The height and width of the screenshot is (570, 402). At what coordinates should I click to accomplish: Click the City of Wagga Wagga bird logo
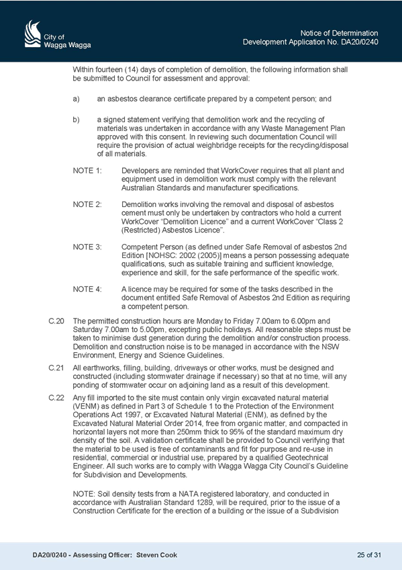click(x=33, y=34)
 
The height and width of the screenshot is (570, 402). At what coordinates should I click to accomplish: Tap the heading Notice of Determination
click(x=339, y=33)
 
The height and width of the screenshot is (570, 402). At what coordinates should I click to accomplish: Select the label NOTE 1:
click(x=87, y=171)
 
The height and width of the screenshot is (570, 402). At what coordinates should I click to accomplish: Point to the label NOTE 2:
click(x=87, y=204)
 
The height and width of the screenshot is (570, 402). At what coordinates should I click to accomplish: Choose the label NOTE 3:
click(x=87, y=247)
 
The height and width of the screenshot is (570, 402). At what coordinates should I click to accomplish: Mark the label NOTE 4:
click(x=87, y=289)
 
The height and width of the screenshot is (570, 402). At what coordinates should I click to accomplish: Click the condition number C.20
click(x=56, y=321)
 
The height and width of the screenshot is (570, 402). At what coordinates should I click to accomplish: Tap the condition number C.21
click(x=56, y=368)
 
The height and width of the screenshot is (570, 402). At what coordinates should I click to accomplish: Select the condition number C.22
click(x=56, y=398)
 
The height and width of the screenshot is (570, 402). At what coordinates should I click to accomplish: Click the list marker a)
click(x=77, y=99)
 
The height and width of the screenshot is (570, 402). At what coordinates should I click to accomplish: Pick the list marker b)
click(x=77, y=120)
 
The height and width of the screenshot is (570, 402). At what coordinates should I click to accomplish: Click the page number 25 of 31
click(x=369, y=555)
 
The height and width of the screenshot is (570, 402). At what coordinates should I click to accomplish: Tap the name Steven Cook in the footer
click(x=157, y=555)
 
